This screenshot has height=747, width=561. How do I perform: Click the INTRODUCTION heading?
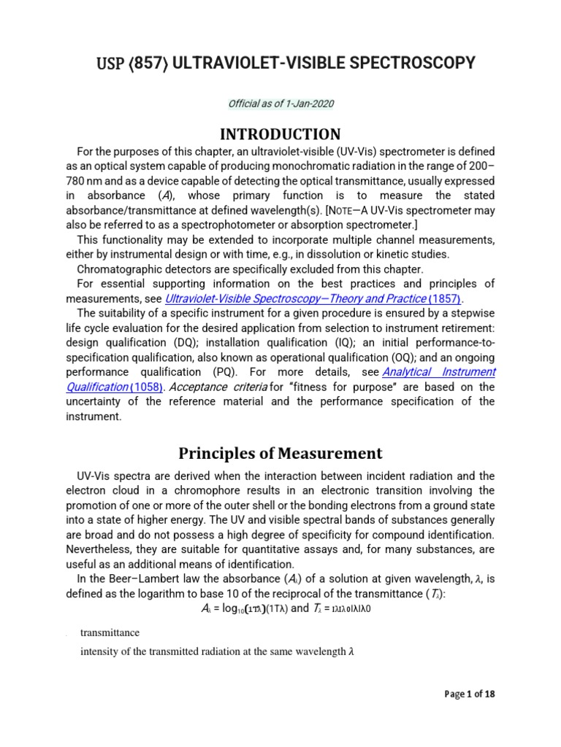pyautogui.click(x=280, y=134)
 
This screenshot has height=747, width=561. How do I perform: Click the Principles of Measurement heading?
pyautogui.click(x=280, y=453)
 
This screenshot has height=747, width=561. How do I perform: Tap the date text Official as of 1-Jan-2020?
pyautogui.click(x=280, y=104)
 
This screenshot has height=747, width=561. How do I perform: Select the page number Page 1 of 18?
pyautogui.click(x=470, y=694)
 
